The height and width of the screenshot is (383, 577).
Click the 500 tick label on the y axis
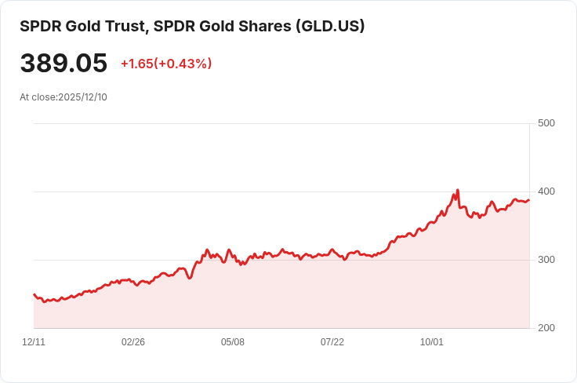546,123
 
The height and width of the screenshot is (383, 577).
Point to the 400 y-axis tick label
546,191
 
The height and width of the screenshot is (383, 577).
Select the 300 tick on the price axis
546,260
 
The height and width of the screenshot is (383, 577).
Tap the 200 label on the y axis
546,328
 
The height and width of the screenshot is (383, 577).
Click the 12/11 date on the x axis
34,342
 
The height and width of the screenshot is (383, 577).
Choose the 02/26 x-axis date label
133,342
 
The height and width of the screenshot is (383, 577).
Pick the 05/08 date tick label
233,342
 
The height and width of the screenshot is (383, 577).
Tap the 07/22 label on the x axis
332,342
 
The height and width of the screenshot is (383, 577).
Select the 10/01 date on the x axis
432,342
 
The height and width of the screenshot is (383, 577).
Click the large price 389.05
64,64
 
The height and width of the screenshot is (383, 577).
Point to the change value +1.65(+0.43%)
166,64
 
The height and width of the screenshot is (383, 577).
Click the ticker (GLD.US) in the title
330,26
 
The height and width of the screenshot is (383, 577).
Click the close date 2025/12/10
82,97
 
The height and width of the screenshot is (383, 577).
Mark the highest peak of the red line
457,190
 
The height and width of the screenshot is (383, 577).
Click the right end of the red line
528,200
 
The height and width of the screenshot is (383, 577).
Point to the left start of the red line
34,294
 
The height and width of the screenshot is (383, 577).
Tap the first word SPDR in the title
38,26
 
